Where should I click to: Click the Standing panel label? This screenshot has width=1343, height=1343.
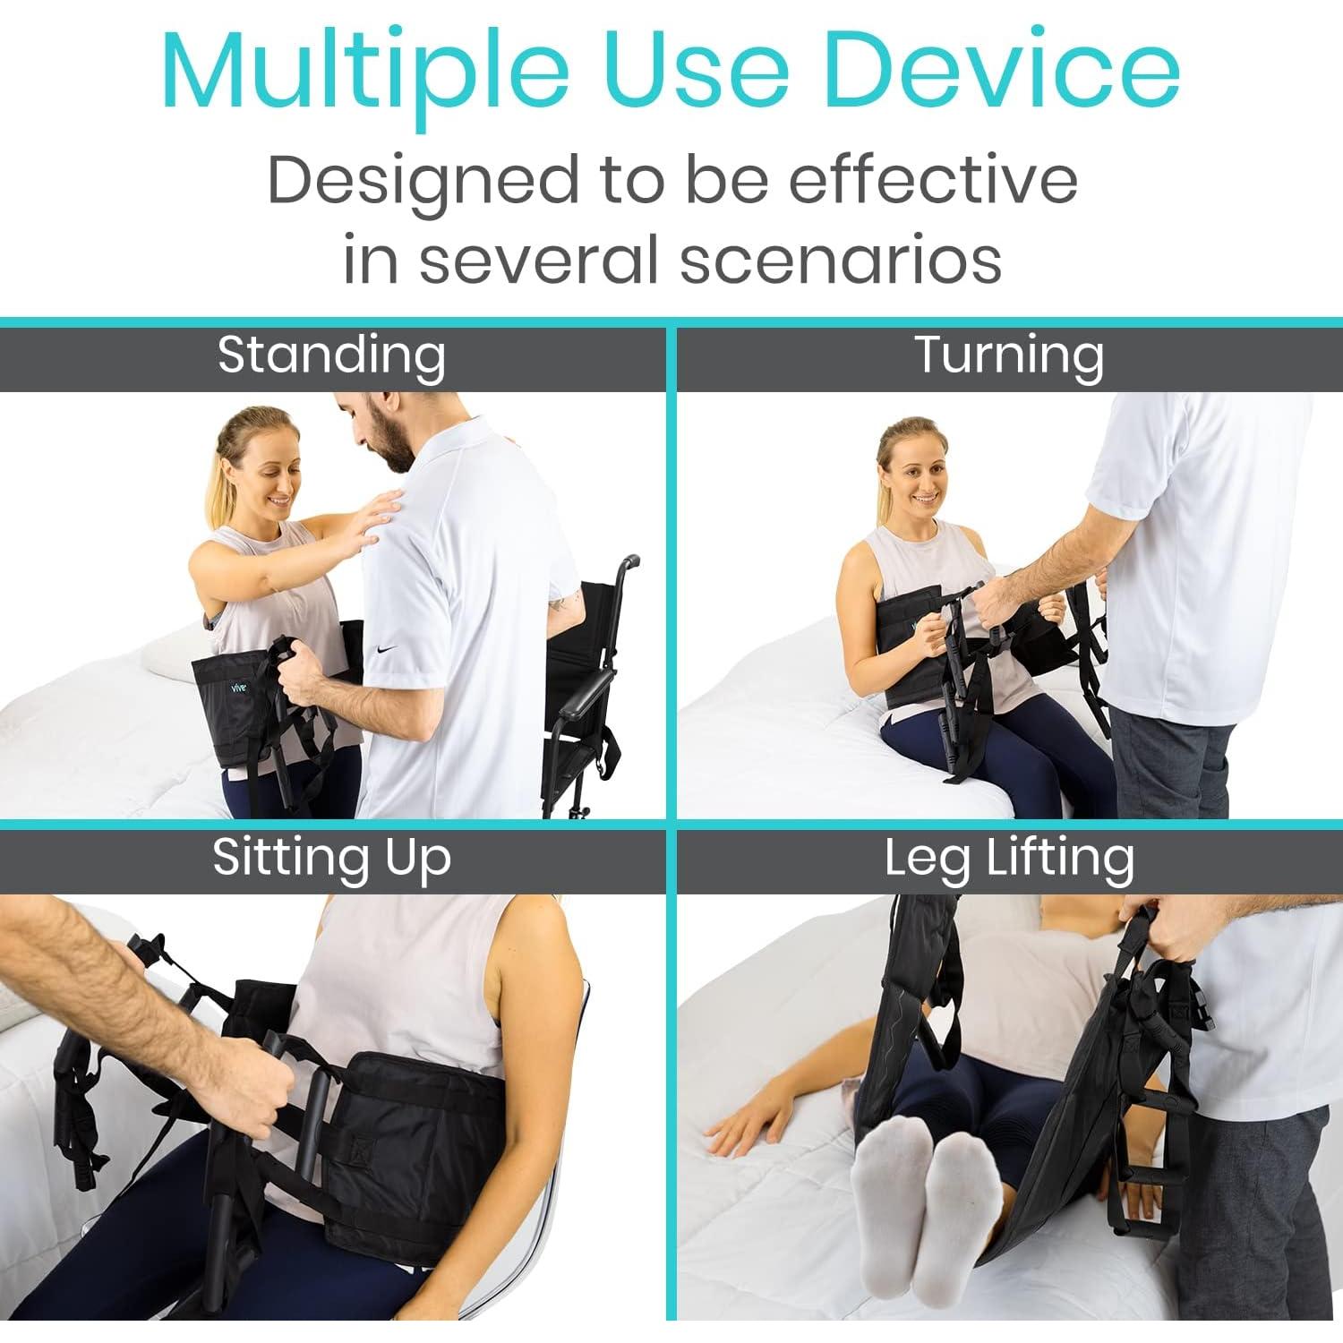click(331, 355)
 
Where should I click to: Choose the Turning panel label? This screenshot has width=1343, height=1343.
click(1009, 355)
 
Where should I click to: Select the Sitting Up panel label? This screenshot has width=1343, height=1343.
click(331, 858)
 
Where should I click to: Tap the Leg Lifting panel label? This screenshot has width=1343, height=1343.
click(1009, 858)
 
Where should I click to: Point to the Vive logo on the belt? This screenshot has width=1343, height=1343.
click(237, 688)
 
